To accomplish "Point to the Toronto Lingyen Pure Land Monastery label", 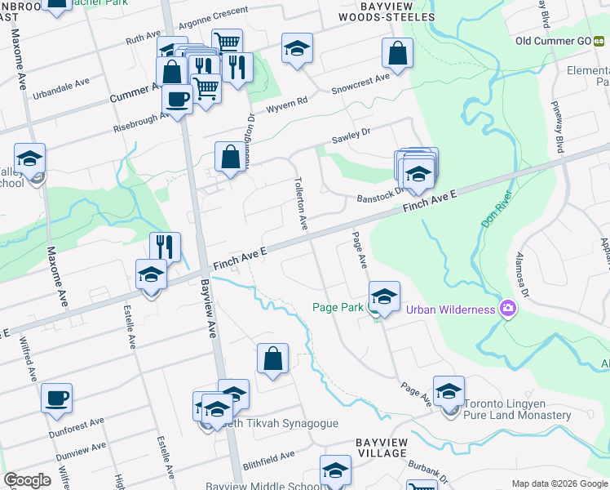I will pos(517,409).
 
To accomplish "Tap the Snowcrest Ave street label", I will pos(360,83).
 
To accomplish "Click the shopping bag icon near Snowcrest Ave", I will pos(397,54).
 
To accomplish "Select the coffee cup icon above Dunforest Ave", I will pos(56,399).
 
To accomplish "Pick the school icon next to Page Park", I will pos(383,296).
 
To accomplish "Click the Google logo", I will pos(27,480).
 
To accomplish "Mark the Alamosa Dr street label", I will pos(522,276).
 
